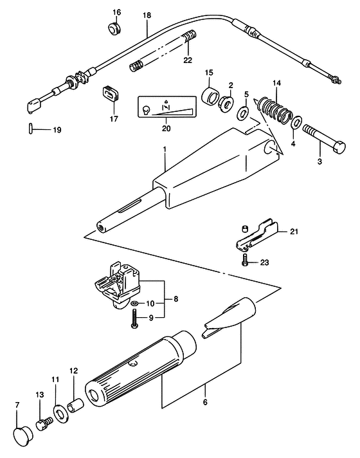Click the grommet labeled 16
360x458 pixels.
point(114,28)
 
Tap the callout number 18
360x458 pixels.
point(147,15)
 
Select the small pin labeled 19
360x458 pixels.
point(31,128)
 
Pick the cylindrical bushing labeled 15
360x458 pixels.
point(211,96)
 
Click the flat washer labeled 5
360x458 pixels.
point(242,113)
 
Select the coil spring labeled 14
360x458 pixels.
point(273,110)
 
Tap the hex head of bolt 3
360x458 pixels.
point(338,146)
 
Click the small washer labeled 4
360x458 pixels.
point(297,122)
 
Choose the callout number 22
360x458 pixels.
point(188,60)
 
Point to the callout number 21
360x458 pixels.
point(294,232)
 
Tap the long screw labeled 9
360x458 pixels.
point(134,319)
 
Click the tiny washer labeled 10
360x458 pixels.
point(134,303)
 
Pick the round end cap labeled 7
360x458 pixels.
point(24,436)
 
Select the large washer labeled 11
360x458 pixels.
point(60,414)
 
